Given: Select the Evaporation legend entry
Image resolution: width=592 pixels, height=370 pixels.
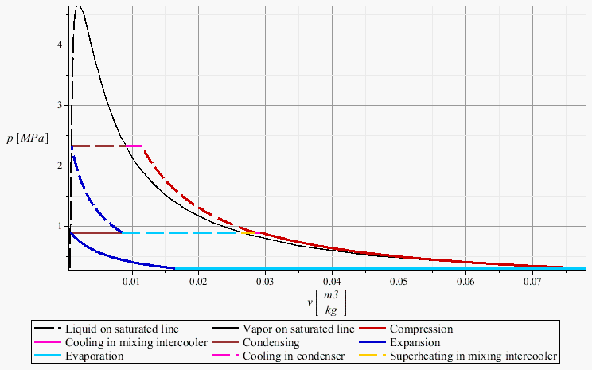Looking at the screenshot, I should coord(94,356).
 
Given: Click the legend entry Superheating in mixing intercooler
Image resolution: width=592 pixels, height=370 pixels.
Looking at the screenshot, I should coord(473,356).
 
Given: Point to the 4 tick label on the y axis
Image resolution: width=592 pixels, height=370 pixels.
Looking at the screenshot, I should coord(60,45).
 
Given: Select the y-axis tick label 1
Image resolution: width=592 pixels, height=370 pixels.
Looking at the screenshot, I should coord(60,226).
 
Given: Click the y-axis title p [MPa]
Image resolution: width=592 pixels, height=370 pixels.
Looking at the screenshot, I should coord(25,138).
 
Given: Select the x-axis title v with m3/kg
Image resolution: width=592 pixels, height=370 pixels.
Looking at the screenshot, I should coord(325,302).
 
